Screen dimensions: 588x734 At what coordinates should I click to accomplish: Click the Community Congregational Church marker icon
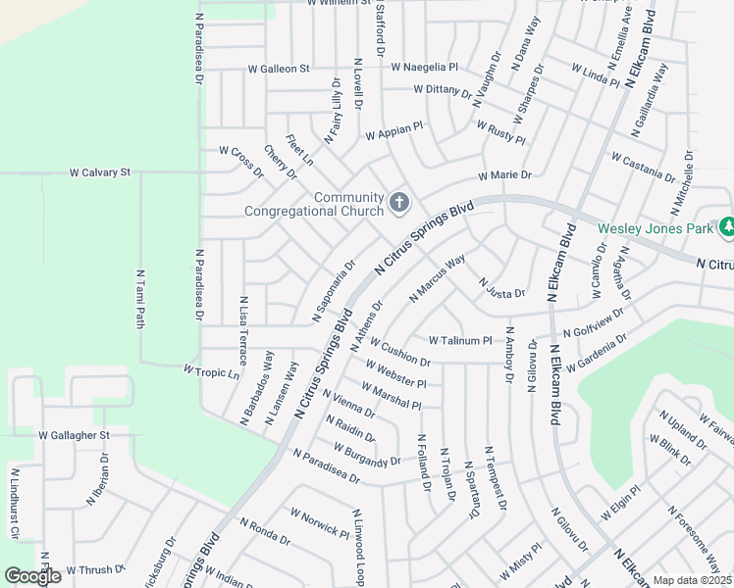click(398, 203)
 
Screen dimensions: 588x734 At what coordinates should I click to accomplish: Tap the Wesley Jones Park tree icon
click(726, 228)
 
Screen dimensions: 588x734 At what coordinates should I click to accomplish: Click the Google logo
click(32, 576)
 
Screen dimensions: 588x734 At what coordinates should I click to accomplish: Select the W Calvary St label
click(100, 172)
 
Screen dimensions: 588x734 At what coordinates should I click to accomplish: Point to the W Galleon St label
click(279, 70)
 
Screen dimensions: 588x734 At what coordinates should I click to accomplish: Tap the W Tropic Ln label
click(212, 371)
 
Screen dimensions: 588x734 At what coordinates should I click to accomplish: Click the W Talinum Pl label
click(460, 340)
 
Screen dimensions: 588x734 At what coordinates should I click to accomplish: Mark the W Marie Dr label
click(504, 175)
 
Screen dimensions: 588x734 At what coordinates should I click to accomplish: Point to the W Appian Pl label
click(393, 131)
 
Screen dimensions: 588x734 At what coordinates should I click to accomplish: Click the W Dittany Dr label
click(444, 89)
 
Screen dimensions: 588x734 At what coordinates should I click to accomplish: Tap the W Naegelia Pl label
click(425, 68)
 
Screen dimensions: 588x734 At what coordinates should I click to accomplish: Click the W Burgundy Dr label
click(367, 454)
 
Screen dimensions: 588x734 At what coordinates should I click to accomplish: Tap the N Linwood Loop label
click(359, 547)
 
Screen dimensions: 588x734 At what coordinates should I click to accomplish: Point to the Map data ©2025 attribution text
click(693, 580)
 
